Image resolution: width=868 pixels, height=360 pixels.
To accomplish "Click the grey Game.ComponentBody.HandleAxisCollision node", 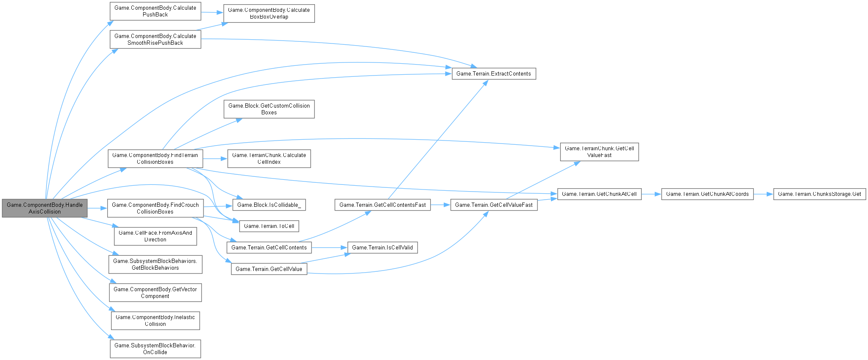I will click(44, 208).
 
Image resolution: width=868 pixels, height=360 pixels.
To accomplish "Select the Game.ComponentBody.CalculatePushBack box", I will click(155, 11).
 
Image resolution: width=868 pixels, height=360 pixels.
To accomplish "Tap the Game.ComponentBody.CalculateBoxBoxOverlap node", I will click(269, 13).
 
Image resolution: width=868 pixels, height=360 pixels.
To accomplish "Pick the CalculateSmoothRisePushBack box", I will click(155, 39).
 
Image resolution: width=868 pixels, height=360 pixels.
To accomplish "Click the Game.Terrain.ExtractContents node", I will click(494, 73).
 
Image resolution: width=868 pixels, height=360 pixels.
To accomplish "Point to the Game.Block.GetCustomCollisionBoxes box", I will click(269, 109).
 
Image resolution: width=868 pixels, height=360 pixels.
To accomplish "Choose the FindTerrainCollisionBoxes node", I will click(155, 158).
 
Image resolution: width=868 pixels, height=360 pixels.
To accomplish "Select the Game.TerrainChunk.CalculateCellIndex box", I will click(269, 158).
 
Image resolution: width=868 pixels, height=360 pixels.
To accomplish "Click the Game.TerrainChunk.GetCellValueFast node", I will click(599, 152).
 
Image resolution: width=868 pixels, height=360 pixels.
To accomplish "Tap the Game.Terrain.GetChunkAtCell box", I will click(599, 194).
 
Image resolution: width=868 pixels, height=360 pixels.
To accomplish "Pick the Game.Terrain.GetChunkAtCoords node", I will click(707, 194).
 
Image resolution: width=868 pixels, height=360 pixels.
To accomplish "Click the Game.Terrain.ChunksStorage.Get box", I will click(819, 194).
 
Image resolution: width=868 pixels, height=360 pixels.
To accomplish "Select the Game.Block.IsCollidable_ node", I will click(269, 205).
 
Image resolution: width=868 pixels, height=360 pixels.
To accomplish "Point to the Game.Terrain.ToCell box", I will click(269, 226).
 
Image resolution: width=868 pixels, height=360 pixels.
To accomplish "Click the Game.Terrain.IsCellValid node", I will click(382, 247).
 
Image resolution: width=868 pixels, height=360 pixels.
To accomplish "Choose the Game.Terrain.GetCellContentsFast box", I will click(382, 205).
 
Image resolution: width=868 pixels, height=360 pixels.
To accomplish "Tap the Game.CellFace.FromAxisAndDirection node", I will click(155, 236).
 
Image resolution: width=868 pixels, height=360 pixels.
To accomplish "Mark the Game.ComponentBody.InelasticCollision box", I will click(155, 320).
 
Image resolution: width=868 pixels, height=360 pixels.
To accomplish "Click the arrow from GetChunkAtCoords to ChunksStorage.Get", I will click(763, 194).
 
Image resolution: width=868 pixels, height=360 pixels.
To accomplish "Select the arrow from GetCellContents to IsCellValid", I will click(329, 247).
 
